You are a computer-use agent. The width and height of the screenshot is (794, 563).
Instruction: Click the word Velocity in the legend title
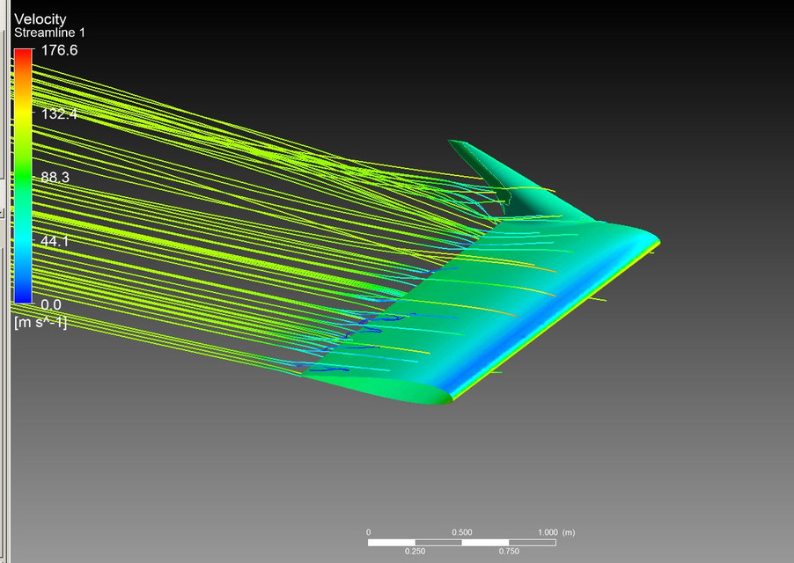(40, 19)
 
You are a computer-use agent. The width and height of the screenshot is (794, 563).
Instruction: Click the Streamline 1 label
(49, 33)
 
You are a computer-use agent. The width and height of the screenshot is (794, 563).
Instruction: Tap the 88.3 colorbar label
(55, 178)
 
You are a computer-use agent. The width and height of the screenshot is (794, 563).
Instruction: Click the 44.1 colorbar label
(55, 241)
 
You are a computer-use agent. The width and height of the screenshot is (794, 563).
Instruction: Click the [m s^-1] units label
(40, 323)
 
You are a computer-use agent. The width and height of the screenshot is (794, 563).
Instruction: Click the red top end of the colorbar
(23, 55)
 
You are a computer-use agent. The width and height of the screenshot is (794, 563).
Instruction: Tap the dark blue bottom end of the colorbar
(23, 296)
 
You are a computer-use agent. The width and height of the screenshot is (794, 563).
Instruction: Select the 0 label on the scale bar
(368, 532)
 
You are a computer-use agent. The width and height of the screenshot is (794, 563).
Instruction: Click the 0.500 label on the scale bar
(461, 532)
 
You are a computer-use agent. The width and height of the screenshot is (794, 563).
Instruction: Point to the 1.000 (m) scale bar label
(555, 532)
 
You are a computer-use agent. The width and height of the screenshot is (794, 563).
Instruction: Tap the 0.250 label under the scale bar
(415, 552)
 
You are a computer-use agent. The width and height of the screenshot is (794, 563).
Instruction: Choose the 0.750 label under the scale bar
(509, 552)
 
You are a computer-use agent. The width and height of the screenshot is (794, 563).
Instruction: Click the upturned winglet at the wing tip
(493, 167)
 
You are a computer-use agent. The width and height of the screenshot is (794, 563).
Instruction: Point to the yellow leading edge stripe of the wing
(563, 308)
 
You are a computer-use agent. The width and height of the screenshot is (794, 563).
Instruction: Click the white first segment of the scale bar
(391, 542)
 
